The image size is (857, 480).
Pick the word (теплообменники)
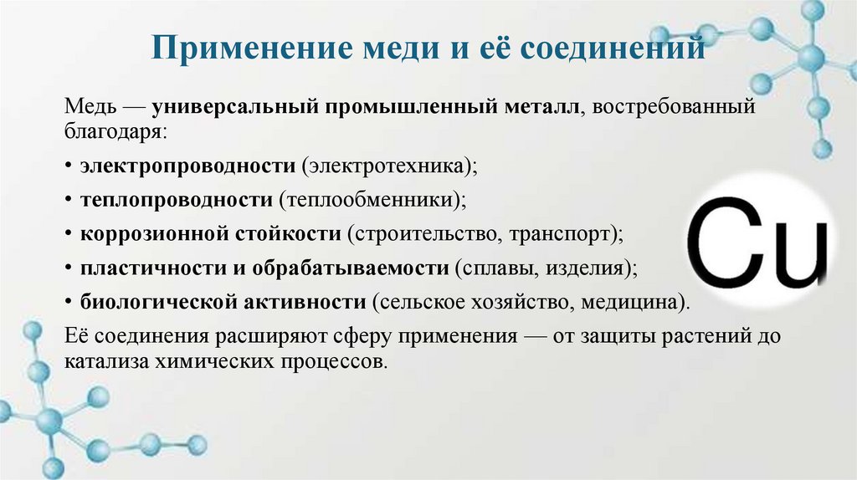click(x=372, y=200)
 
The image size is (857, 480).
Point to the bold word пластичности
click(x=140, y=268)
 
